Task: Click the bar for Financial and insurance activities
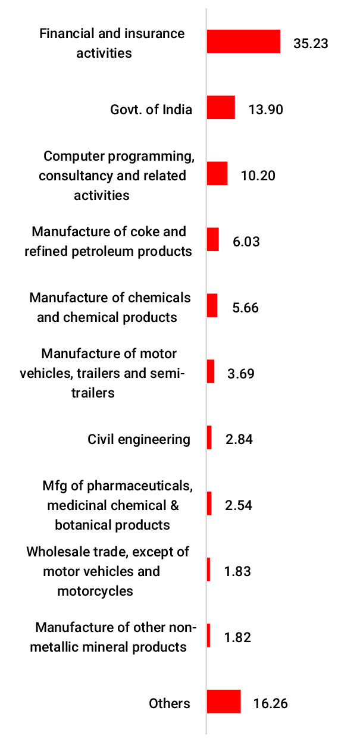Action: (x=243, y=42)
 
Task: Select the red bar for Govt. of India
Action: (x=221, y=108)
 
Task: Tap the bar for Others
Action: (x=224, y=702)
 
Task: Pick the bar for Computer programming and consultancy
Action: (x=217, y=174)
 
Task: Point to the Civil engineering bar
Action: (x=209, y=437)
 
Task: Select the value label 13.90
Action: (x=265, y=109)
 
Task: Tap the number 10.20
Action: (x=258, y=176)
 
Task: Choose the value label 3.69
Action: (x=241, y=374)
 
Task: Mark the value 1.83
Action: (x=237, y=571)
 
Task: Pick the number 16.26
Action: (x=271, y=703)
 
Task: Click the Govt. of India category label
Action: (x=151, y=109)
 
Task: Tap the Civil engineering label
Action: (x=139, y=439)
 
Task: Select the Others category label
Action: (x=169, y=703)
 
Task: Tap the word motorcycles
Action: (x=95, y=591)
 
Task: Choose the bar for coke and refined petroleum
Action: (x=212, y=240)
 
